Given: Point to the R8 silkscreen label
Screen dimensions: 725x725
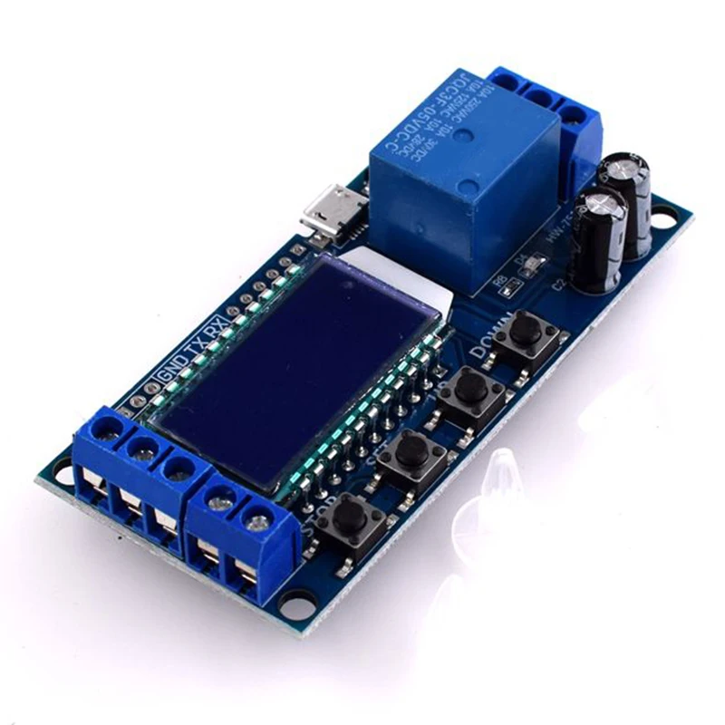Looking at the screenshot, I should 498,282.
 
